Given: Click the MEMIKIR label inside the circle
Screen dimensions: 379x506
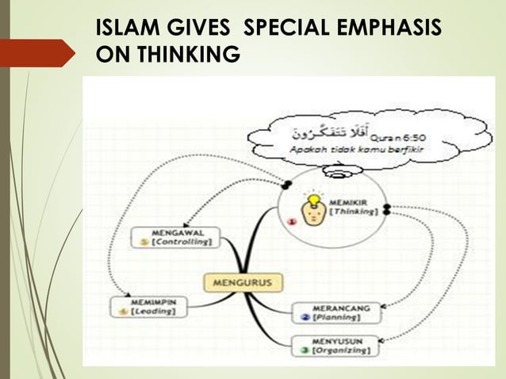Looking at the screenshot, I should [347, 202].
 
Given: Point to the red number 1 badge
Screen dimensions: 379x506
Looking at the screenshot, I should [291, 224].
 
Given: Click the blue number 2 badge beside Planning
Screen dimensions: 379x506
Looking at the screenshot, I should [305, 317].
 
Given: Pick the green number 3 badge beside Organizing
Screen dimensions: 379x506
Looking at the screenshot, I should [305, 349].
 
